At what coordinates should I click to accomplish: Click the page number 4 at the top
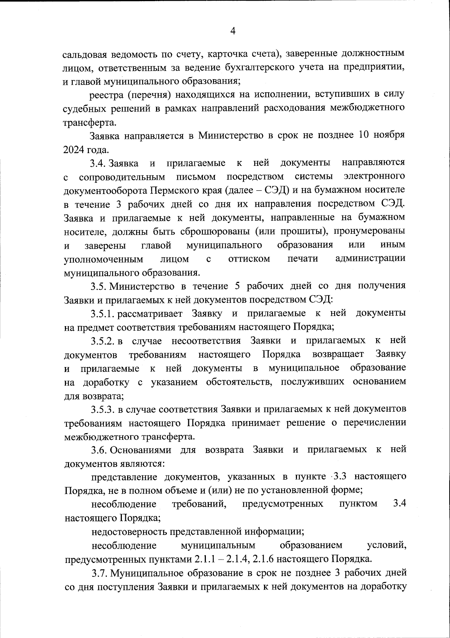[232, 31]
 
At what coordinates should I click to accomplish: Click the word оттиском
[249, 259]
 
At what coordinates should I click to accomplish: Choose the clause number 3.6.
[99, 450]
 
